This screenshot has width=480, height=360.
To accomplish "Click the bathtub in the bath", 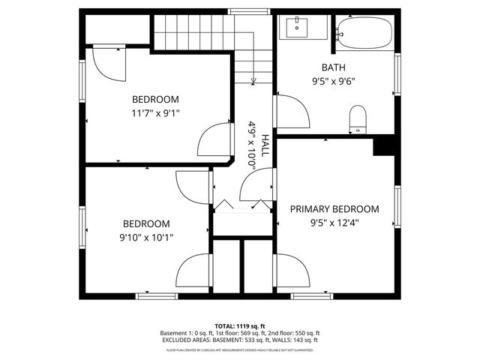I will point(364,32).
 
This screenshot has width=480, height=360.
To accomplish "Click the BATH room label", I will point(334,67).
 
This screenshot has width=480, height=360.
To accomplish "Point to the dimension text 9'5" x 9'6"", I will point(334,82).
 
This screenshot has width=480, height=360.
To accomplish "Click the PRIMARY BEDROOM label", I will point(334,209).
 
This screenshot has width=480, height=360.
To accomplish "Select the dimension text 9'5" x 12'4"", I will point(334,223).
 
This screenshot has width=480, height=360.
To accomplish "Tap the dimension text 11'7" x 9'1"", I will point(155,113).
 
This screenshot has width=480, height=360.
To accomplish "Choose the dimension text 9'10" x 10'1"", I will point(146,238).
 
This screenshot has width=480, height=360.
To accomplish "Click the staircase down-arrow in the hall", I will point(254,80).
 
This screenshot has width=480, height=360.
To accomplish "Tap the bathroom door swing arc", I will point(292,112).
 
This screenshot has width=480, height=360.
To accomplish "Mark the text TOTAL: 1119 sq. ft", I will point(240,326).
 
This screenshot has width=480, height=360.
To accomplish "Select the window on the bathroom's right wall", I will point(398,76).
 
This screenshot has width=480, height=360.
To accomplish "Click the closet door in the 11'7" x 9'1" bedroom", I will point(107,64).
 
